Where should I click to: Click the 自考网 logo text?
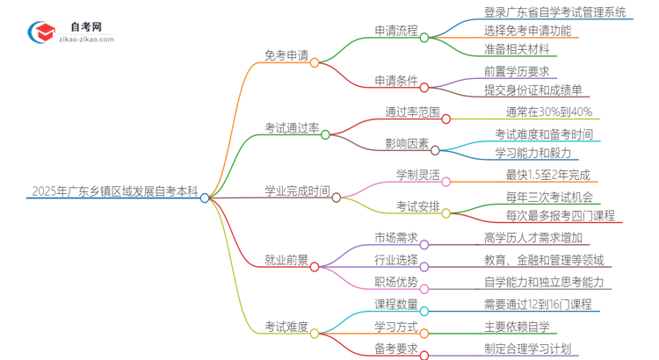(86, 27)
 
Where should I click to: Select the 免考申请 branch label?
(286, 55)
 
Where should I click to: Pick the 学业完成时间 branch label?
(297, 190)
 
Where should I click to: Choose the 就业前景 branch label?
(286, 260)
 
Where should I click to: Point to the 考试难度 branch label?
(286, 327)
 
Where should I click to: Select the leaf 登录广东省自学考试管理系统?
(554, 11)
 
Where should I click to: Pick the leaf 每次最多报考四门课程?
(560, 215)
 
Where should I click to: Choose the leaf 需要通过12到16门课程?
(537, 305)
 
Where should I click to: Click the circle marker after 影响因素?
(435, 150)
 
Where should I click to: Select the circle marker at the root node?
(205, 198)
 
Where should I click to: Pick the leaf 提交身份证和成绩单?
(532, 90)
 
